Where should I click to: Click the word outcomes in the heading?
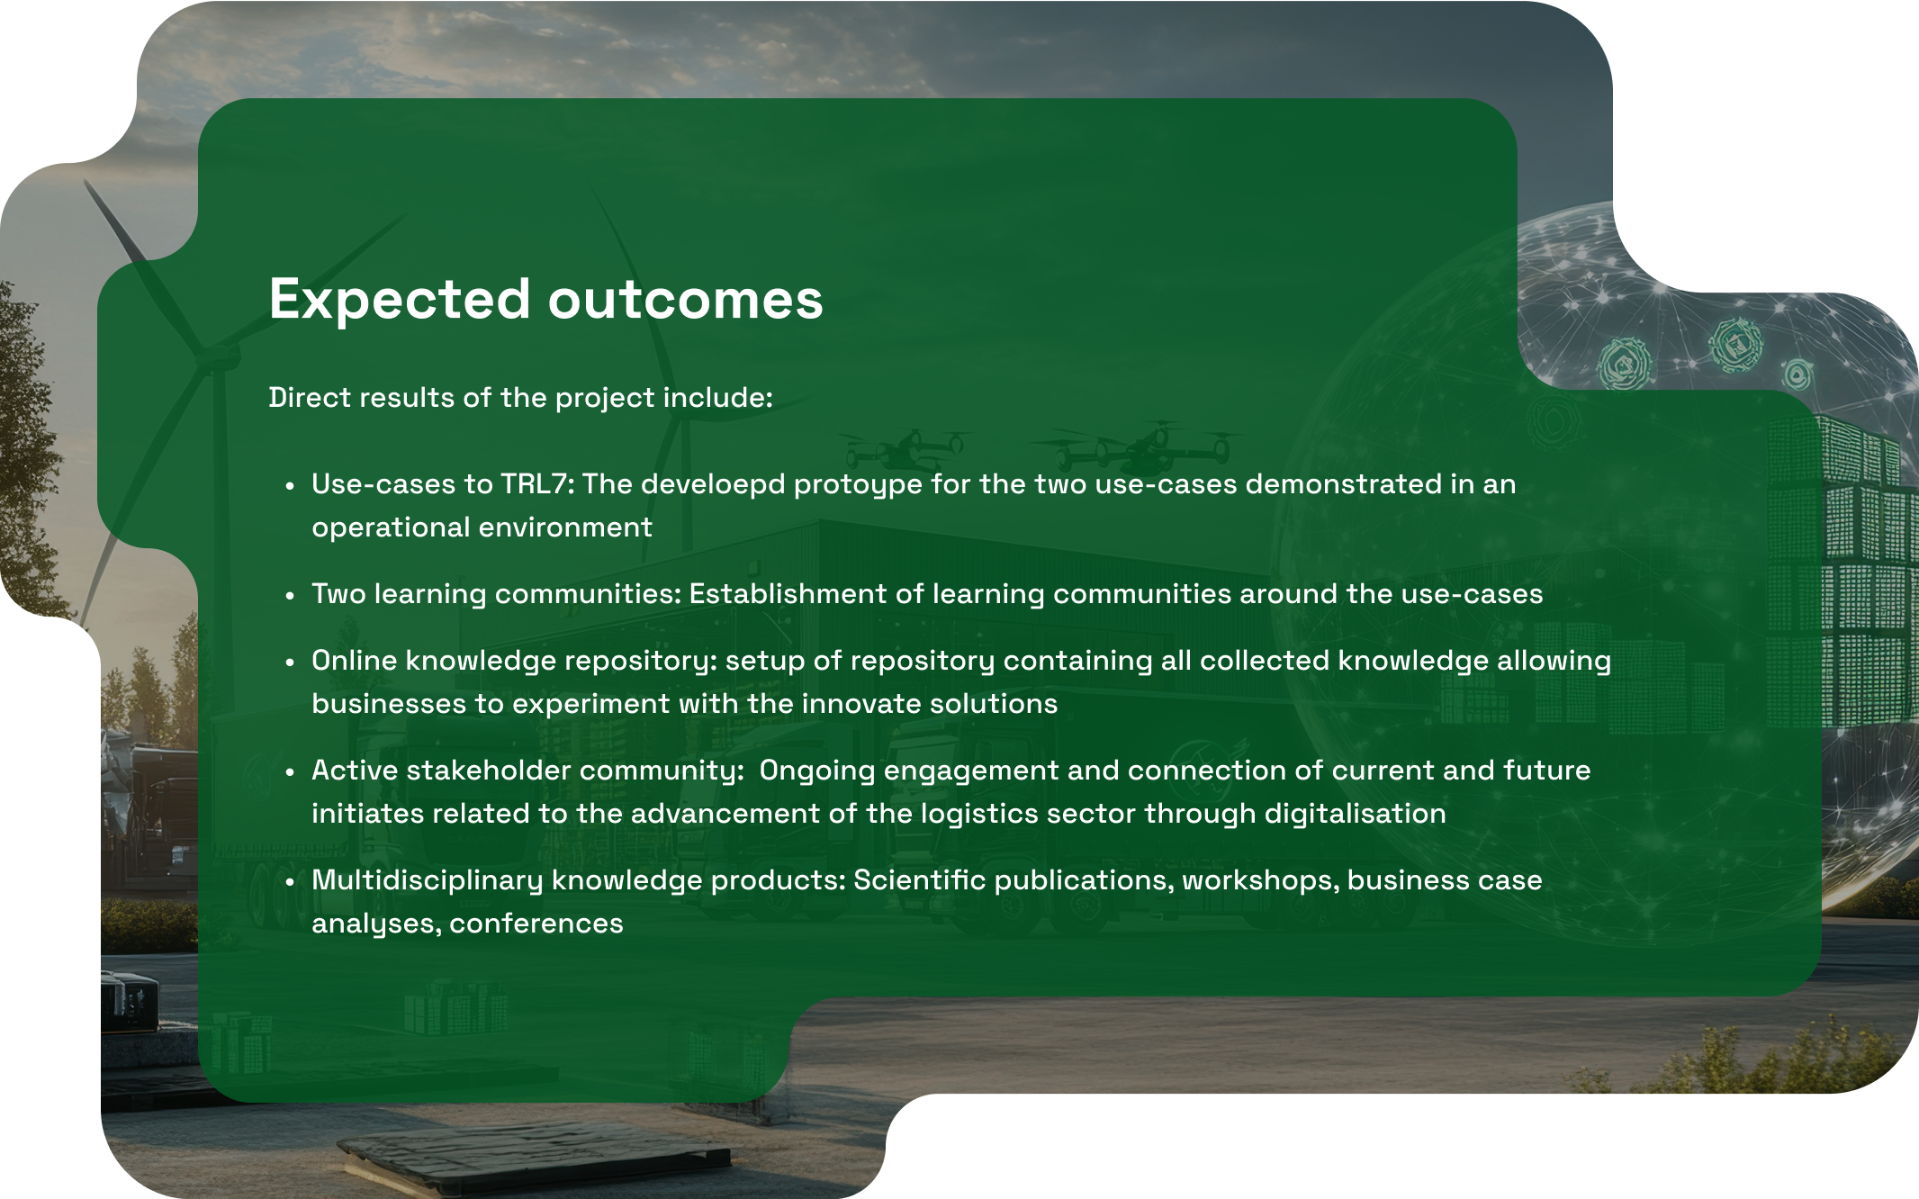pyautogui.click(x=686, y=300)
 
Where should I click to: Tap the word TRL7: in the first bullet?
pyautogui.click(x=537, y=484)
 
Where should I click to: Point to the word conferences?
pyautogui.click(x=536, y=924)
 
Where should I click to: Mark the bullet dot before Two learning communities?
pyautogui.click(x=290, y=596)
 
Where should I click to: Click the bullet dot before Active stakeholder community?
pyautogui.click(x=290, y=772)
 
